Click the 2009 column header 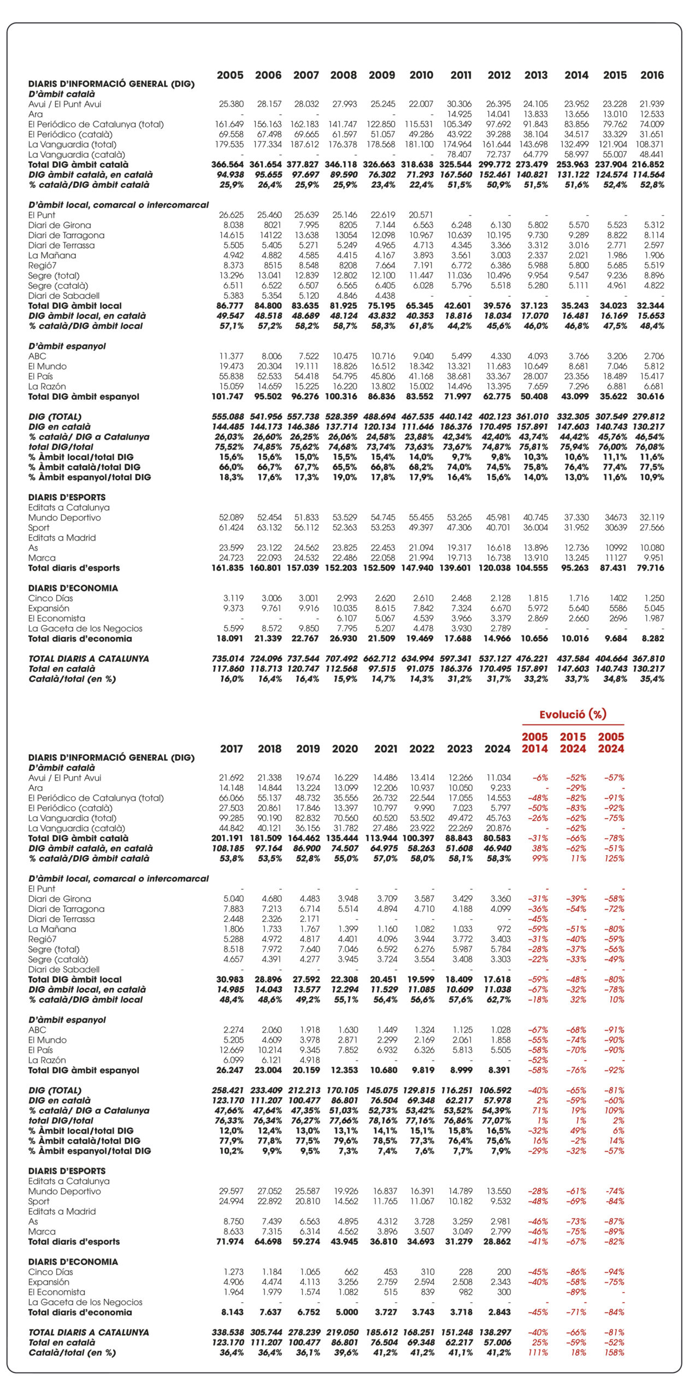pos(381,75)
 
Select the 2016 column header pos(652,75)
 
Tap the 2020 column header pos(345,749)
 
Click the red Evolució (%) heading pos(573,714)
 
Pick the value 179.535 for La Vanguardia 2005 pos(229,145)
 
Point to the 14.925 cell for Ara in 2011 pos(459,114)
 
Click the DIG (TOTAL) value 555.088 pos(228,417)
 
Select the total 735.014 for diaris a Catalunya pos(228,659)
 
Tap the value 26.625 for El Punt pos(231,215)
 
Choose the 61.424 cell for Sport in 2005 pos(231,528)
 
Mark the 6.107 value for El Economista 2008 pos(345,618)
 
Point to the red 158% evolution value pos(614,1353)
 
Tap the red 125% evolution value pos(614,858)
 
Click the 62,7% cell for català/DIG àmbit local pos(498,999)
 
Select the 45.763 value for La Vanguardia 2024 pos(498,818)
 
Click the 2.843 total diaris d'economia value pos(500,1312)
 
